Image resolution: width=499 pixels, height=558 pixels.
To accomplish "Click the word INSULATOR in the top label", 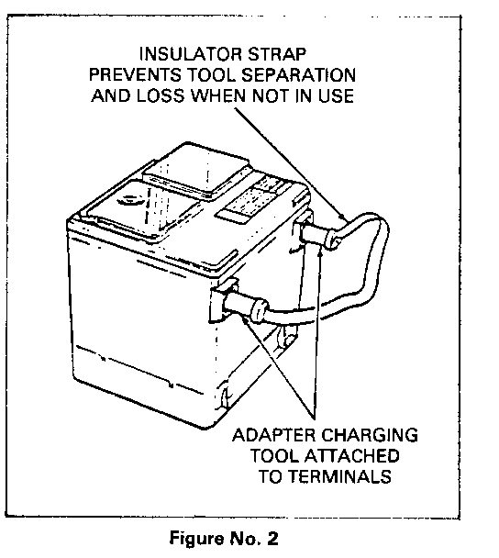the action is pos(191,54).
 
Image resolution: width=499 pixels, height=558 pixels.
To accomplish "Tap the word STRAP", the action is pos(277,54).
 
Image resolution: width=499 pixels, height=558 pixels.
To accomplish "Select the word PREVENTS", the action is pos(135,75).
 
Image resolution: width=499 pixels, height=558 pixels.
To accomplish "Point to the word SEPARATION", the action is pos(299,75).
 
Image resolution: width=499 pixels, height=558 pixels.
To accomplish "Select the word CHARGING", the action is pos(370,435).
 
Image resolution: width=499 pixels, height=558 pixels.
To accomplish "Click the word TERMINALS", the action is pos(340,476).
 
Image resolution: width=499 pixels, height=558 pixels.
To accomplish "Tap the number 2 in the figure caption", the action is pos(272,538).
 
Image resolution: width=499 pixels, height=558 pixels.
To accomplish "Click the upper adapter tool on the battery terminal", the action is pos(316,235).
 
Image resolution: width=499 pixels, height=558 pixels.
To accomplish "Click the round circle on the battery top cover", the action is pos(130,201).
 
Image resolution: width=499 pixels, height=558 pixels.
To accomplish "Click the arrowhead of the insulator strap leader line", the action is pos(342,217).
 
